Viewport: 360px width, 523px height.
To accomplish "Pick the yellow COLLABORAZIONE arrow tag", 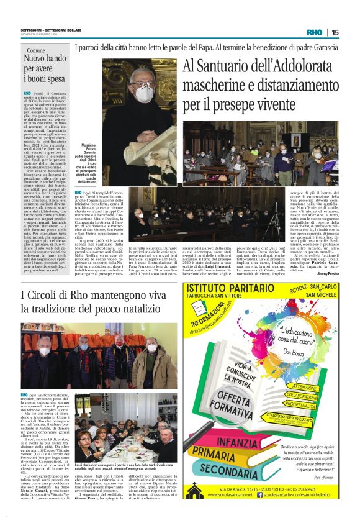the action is point(302,396).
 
